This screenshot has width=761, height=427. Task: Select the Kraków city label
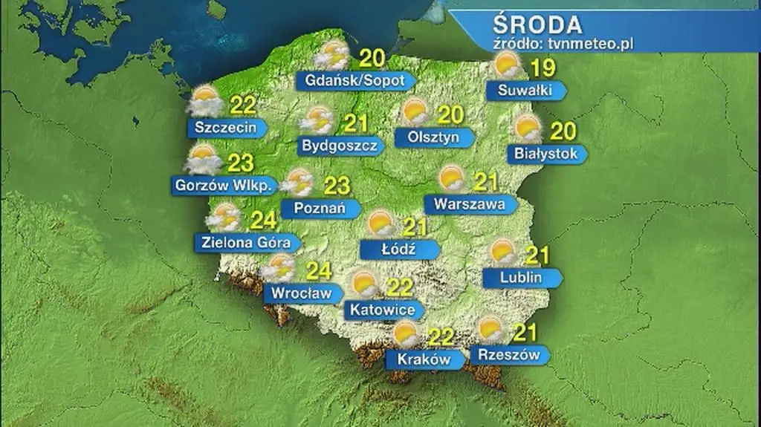(x=424, y=359)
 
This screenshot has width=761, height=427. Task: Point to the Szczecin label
(x=225, y=128)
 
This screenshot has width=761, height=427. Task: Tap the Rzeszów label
(x=509, y=355)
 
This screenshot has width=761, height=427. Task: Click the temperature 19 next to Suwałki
(x=545, y=70)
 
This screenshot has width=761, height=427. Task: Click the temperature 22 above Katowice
(x=400, y=287)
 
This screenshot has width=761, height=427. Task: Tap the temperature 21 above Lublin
(x=537, y=256)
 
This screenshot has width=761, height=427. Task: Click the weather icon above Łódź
(x=380, y=223)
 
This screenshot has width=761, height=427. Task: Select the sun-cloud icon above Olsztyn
(x=415, y=113)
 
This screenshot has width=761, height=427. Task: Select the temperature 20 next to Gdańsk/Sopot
(x=372, y=56)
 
